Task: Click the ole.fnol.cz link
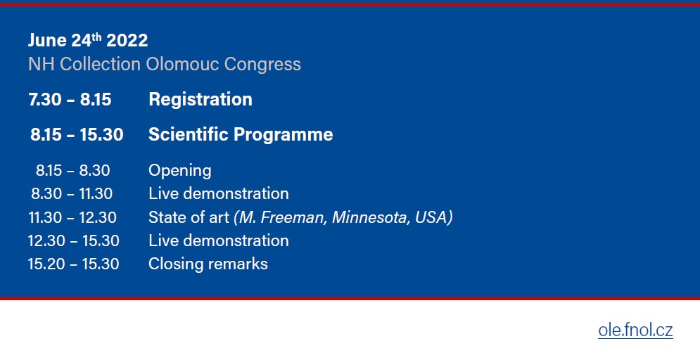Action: click(x=635, y=330)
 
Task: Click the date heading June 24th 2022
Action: click(x=88, y=40)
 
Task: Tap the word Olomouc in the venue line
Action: click(x=183, y=64)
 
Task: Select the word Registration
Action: click(x=201, y=99)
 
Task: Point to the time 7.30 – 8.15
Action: click(x=70, y=99)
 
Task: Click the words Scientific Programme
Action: click(x=241, y=135)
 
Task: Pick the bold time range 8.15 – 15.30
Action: click(x=77, y=135)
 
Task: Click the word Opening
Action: click(x=180, y=171)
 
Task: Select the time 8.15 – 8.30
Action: click(x=73, y=170)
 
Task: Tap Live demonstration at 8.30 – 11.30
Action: click(x=219, y=193)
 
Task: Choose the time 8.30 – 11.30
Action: click(x=72, y=193)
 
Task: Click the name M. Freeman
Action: click(x=281, y=217)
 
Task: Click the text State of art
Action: click(x=189, y=217)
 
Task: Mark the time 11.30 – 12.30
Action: click(x=72, y=217)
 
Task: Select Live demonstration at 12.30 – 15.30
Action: click(x=219, y=240)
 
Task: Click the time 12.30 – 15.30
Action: click(x=74, y=241)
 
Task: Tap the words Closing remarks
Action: click(x=208, y=264)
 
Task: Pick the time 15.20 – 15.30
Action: click(x=74, y=264)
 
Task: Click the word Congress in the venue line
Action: click(x=262, y=65)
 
